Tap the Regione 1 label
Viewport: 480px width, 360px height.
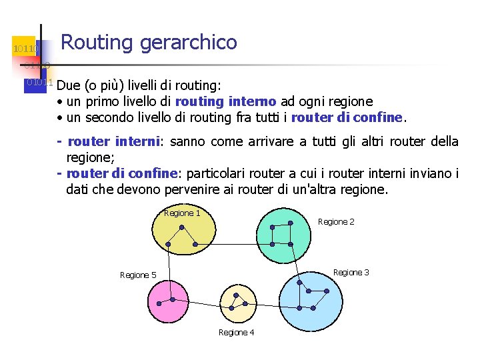tap(182, 213)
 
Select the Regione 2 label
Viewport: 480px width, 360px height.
tap(336, 221)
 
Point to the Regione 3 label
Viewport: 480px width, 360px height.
tap(351, 272)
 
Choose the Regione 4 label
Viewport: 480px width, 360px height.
tap(236, 332)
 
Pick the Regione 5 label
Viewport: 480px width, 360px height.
tap(138, 275)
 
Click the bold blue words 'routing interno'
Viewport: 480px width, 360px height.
tap(225, 101)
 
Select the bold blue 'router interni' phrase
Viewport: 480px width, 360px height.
tap(114, 141)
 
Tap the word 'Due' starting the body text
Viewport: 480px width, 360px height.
tap(67, 86)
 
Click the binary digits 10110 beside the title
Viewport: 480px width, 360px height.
tap(25, 49)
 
